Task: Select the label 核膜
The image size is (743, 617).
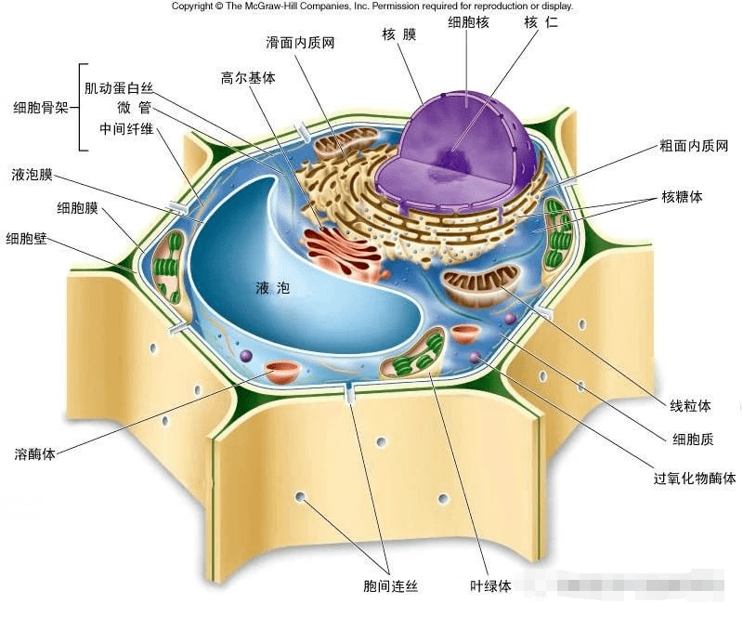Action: coord(400,34)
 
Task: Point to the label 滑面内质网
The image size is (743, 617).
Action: coord(300,44)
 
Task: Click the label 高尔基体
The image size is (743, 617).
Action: coord(248,78)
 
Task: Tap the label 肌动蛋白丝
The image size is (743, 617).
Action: coord(119,88)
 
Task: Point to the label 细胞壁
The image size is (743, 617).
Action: coord(26,238)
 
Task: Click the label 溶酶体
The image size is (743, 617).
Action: coord(36,454)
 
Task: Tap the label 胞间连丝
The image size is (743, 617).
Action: coord(390,586)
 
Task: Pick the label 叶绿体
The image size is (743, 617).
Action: coord(490,586)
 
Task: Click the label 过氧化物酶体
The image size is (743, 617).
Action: coord(695,479)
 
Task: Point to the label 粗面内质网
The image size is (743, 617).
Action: coord(693,146)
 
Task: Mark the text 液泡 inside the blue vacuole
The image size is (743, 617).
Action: coord(272,288)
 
